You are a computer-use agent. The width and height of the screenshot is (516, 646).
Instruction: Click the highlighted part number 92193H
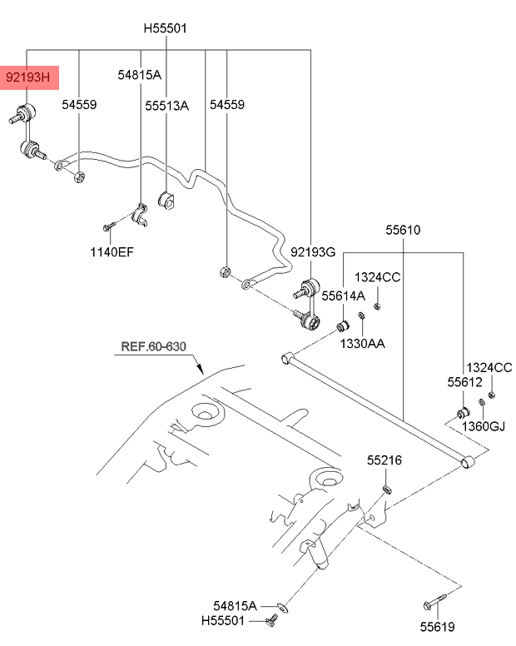point(28,79)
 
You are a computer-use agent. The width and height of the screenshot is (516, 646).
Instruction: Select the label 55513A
point(166,106)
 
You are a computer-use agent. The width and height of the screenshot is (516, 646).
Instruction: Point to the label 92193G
point(312,251)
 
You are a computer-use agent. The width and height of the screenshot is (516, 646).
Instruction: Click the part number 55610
point(403,230)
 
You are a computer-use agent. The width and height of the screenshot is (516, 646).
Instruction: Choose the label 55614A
point(343,296)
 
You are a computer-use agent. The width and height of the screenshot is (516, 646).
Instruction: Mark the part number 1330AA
point(362,343)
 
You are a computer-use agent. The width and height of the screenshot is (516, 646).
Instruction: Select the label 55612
point(464,382)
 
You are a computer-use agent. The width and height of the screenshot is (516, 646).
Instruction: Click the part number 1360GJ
point(484,426)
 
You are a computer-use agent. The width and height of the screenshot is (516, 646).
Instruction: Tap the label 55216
point(385,460)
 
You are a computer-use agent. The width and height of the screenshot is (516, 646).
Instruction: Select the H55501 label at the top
point(166,28)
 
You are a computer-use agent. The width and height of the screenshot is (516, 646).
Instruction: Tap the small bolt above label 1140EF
point(109,226)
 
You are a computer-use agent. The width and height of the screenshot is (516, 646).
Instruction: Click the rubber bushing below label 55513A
point(166,201)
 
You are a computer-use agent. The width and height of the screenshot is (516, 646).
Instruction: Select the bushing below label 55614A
point(341,322)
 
